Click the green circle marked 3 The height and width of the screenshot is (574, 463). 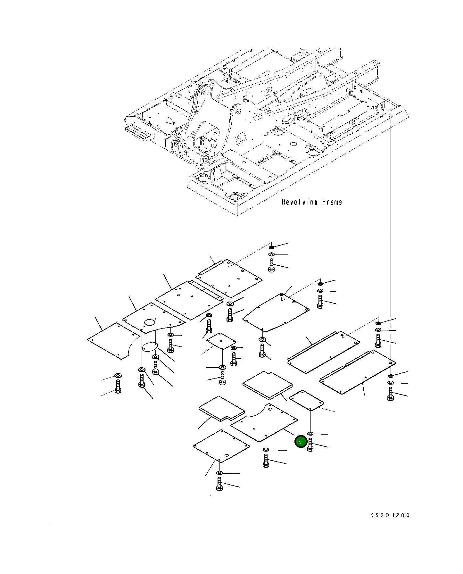pyautogui.click(x=301, y=442)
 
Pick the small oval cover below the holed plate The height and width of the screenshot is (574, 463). pyautogui.click(x=150, y=347)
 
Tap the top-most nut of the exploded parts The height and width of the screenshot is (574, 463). pyautogui.click(x=271, y=247)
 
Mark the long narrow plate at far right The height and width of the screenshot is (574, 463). pyautogui.click(x=357, y=372)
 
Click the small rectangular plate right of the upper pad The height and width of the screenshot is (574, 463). pyautogui.click(x=306, y=400)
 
